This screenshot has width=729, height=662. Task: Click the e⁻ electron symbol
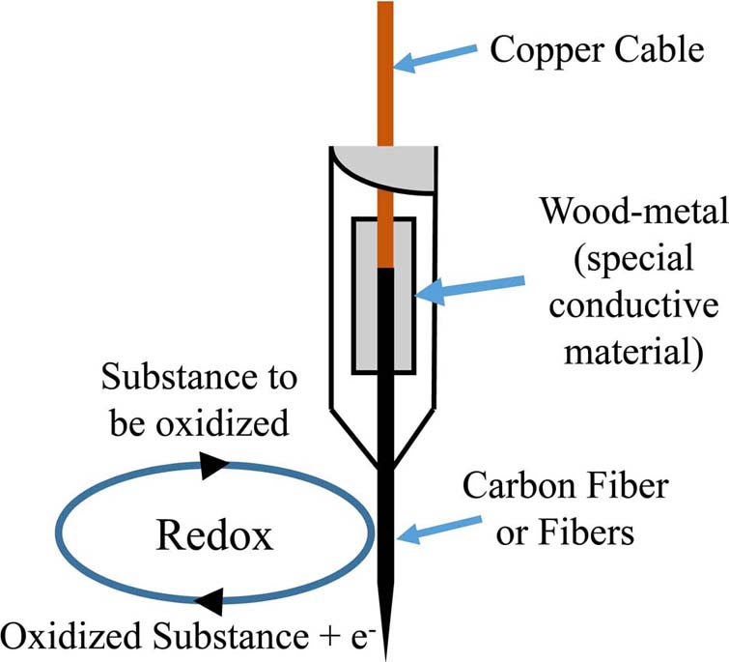342,636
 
